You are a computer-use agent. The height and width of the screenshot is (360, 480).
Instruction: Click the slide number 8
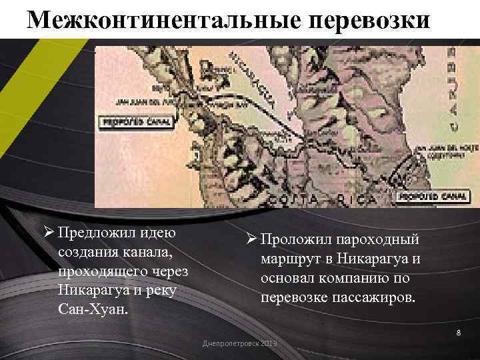coord(459,333)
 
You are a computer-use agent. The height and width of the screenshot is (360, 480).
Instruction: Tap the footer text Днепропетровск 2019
coord(239,343)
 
